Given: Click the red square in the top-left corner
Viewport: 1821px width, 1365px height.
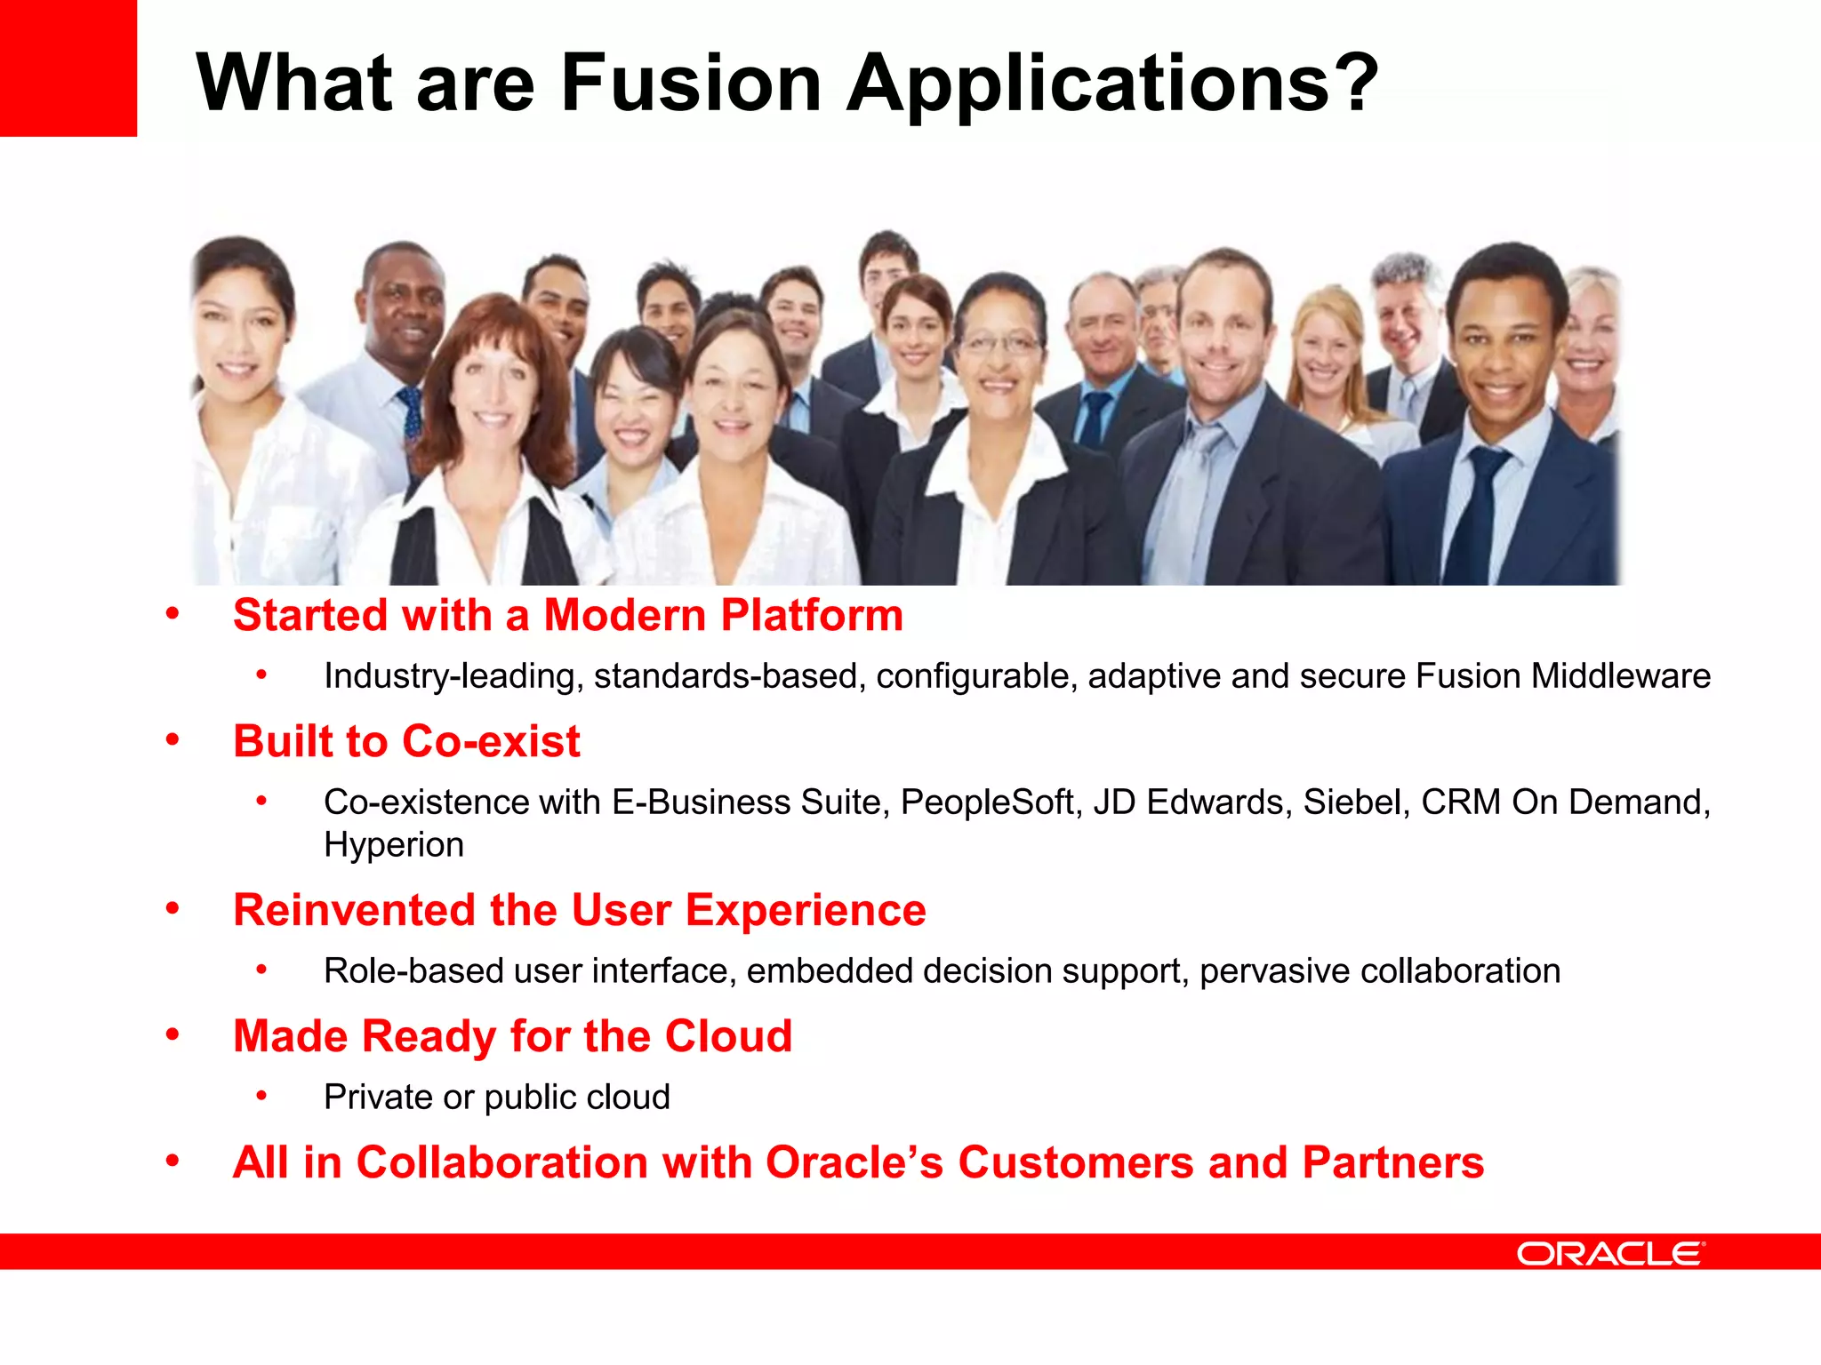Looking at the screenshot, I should (x=68, y=68).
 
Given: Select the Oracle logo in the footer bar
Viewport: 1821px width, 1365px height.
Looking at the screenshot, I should (x=1610, y=1254).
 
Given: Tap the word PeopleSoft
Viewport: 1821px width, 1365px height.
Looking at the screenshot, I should (x=991, y=802).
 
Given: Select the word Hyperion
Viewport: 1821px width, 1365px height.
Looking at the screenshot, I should (x=394, y=845).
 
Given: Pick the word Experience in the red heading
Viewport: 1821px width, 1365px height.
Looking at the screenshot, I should (x=806, y=910).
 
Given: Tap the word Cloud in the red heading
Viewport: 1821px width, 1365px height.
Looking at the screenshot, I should (x=728, y=1036).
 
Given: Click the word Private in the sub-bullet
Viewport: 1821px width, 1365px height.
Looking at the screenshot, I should (x=379, y=1098).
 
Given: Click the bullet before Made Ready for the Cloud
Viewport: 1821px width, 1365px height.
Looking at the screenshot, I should (x=172, y=1034).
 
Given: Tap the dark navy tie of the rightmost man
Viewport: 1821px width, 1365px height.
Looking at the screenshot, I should (x=1480, y=515).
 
